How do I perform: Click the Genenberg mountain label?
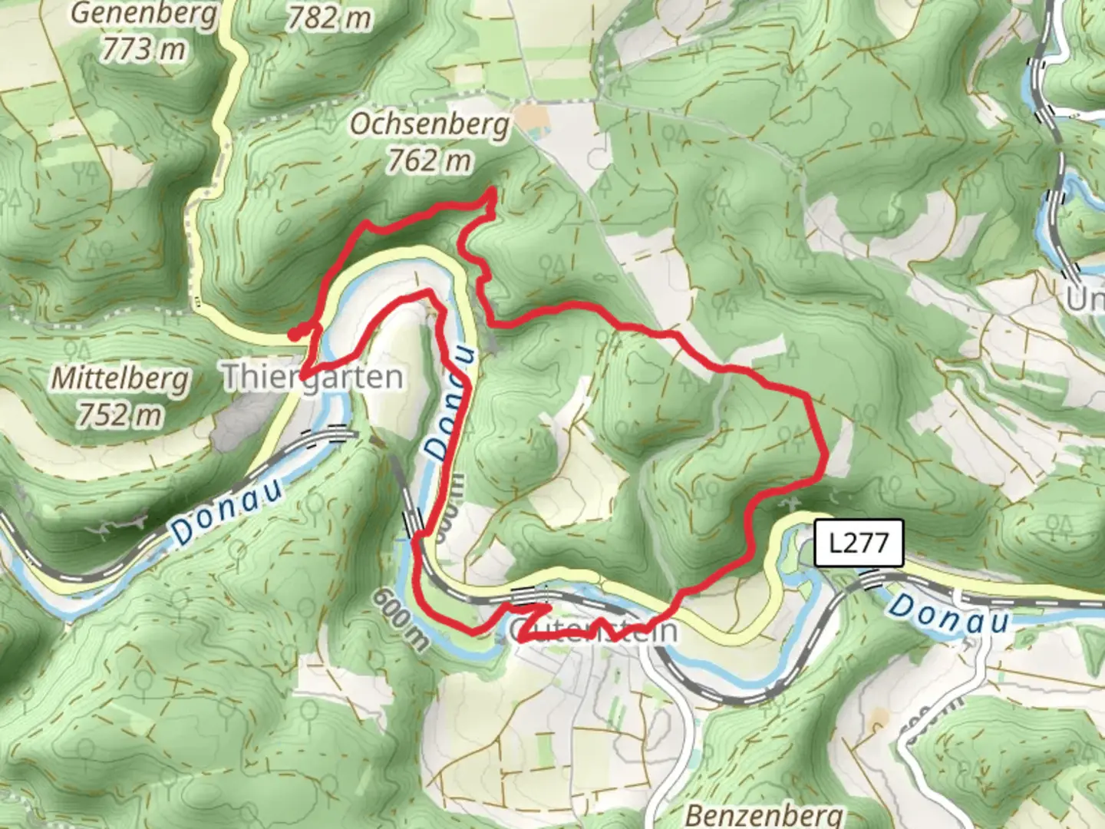[x=144, y=14]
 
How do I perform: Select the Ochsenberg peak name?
[x=430, y=124]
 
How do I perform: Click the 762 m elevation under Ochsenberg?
[x=429, y=160]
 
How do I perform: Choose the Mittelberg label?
[x=120, y=378]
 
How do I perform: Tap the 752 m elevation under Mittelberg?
[x=120, y=414]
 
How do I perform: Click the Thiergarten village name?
[x=312, y=377]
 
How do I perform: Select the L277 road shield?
[x=859, y=543]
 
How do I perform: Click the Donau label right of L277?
[x=948, y=613]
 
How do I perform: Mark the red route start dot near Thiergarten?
[x=294, y=334]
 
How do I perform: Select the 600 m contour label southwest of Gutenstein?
[x=401, y=619]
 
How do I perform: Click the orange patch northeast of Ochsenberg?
[x=532, y=117]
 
